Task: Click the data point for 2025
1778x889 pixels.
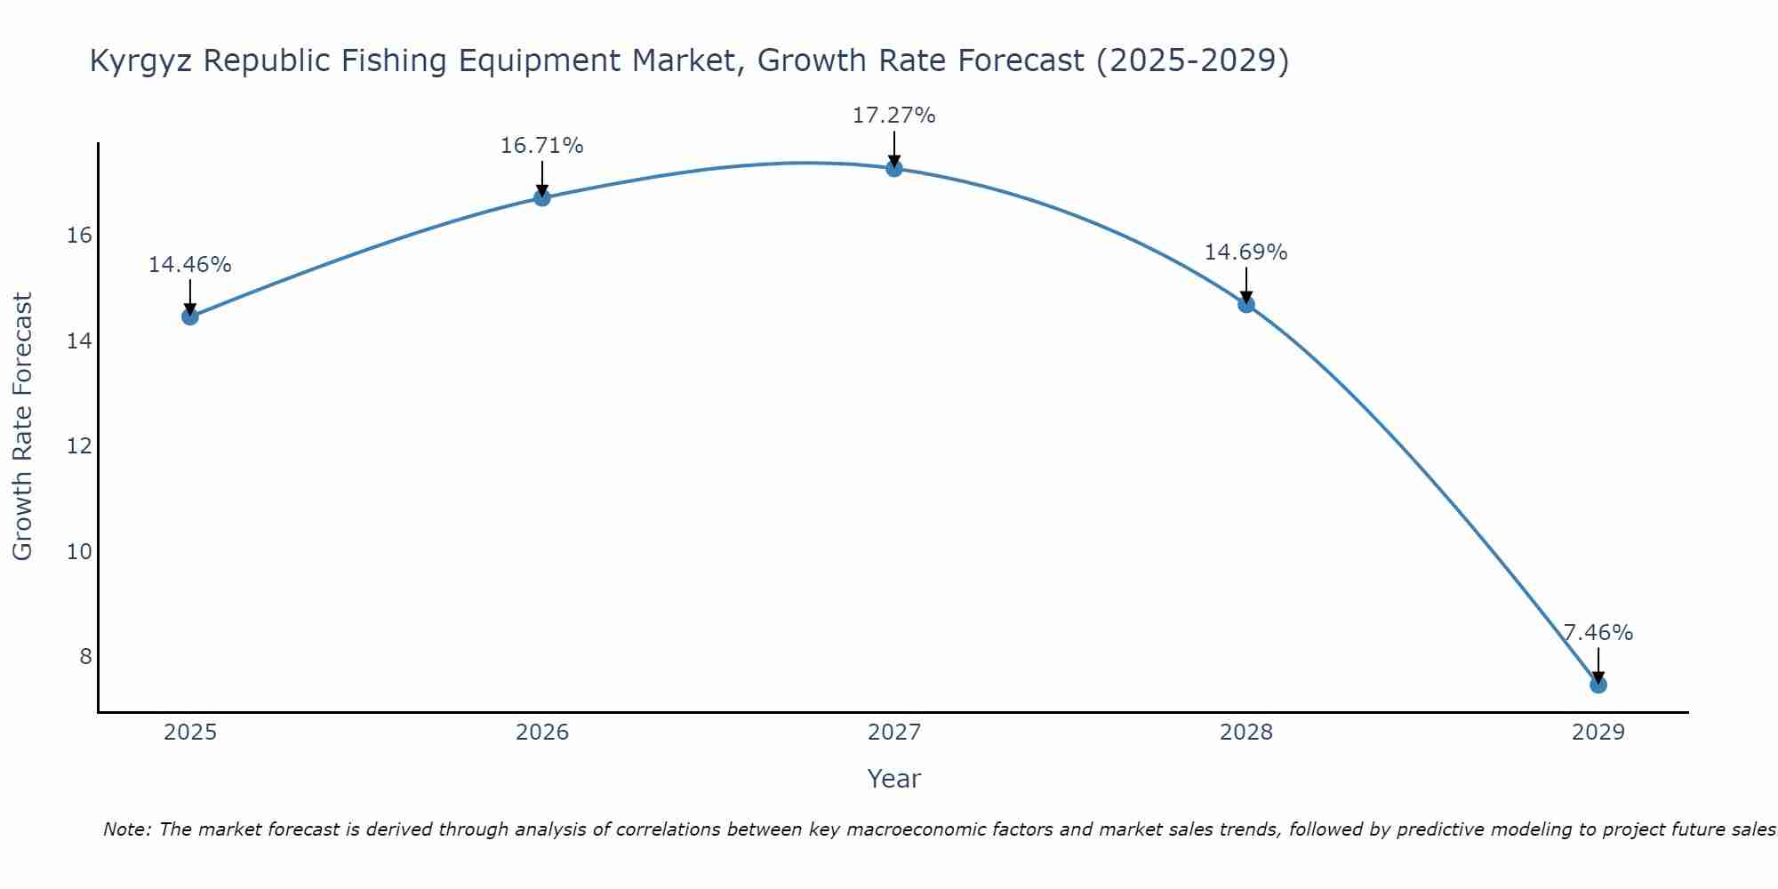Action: (x=189, y=316)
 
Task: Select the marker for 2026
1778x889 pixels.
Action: (x=541, y=197)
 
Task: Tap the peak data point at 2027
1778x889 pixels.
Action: (x=893, y=168)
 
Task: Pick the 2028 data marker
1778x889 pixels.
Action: (x=1245, y=304)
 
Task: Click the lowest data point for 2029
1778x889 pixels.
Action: (x=1598, y=685)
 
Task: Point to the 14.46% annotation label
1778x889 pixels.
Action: (x=189, y=265)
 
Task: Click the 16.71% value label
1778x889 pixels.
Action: (x=541, y=146)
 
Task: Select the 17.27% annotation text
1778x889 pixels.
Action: (x=893, y=116)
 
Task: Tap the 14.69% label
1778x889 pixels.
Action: (x=1245, y=252)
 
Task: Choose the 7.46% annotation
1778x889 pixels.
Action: (x=1598, y=633)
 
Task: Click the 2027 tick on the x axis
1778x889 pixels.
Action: (x=893, y=733)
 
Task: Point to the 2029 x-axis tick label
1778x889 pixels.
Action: (x=1598, y=733)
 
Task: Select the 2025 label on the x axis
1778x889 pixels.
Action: (x=190, y=733)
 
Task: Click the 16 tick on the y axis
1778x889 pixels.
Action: (x=79, y=236)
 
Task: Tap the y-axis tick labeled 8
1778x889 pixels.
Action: (x=85, y=657)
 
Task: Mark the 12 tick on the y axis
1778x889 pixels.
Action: (x=79, y=446)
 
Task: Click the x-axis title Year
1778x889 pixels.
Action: (x=893, y=779)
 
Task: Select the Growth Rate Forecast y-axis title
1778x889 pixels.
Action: (x=23, y=427)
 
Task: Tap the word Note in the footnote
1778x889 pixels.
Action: (x=127, y=830)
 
